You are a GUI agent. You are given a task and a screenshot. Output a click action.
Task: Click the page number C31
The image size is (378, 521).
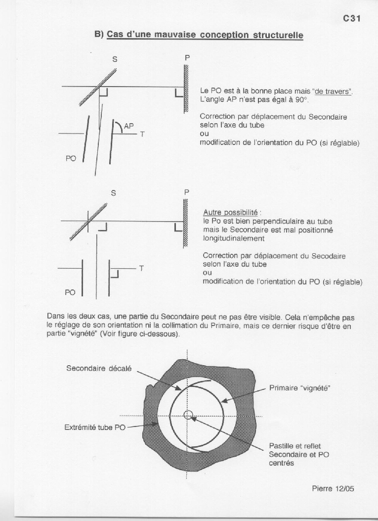352,19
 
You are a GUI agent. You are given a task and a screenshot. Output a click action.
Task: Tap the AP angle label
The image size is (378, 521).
129,126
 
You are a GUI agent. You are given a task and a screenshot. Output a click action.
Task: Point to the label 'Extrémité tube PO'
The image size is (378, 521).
95,427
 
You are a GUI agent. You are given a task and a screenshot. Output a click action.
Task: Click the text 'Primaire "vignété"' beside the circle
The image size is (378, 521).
299,388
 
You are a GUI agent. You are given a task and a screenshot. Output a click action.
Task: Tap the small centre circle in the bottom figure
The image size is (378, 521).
188,415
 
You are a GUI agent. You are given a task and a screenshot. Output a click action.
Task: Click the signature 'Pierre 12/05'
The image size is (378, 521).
333,488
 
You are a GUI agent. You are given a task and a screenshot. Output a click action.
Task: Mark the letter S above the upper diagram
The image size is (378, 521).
115,59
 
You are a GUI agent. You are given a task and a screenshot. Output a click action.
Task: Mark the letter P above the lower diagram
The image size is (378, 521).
187,192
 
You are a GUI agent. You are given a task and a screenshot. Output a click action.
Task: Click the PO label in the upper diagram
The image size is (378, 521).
71,158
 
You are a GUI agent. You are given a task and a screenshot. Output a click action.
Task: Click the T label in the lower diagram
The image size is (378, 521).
141,268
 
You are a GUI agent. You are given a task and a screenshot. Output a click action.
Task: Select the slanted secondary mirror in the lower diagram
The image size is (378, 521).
89,218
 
